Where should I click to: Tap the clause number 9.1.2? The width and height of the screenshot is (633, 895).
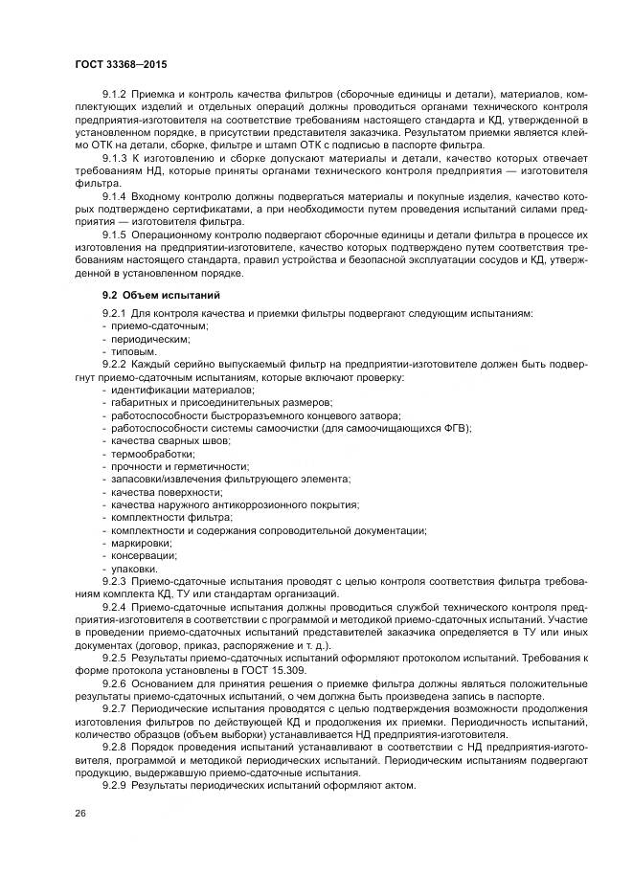(x=116, y=95)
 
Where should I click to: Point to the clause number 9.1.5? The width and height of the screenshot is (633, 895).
(x=116, y=233)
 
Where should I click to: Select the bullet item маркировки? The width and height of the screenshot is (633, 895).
(x=141, y=542)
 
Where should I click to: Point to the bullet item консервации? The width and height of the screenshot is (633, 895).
(x=143, y=554)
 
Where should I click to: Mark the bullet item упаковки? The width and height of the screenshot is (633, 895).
(x=135, y=567)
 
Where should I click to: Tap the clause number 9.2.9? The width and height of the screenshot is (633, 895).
(x=116, y=785)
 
